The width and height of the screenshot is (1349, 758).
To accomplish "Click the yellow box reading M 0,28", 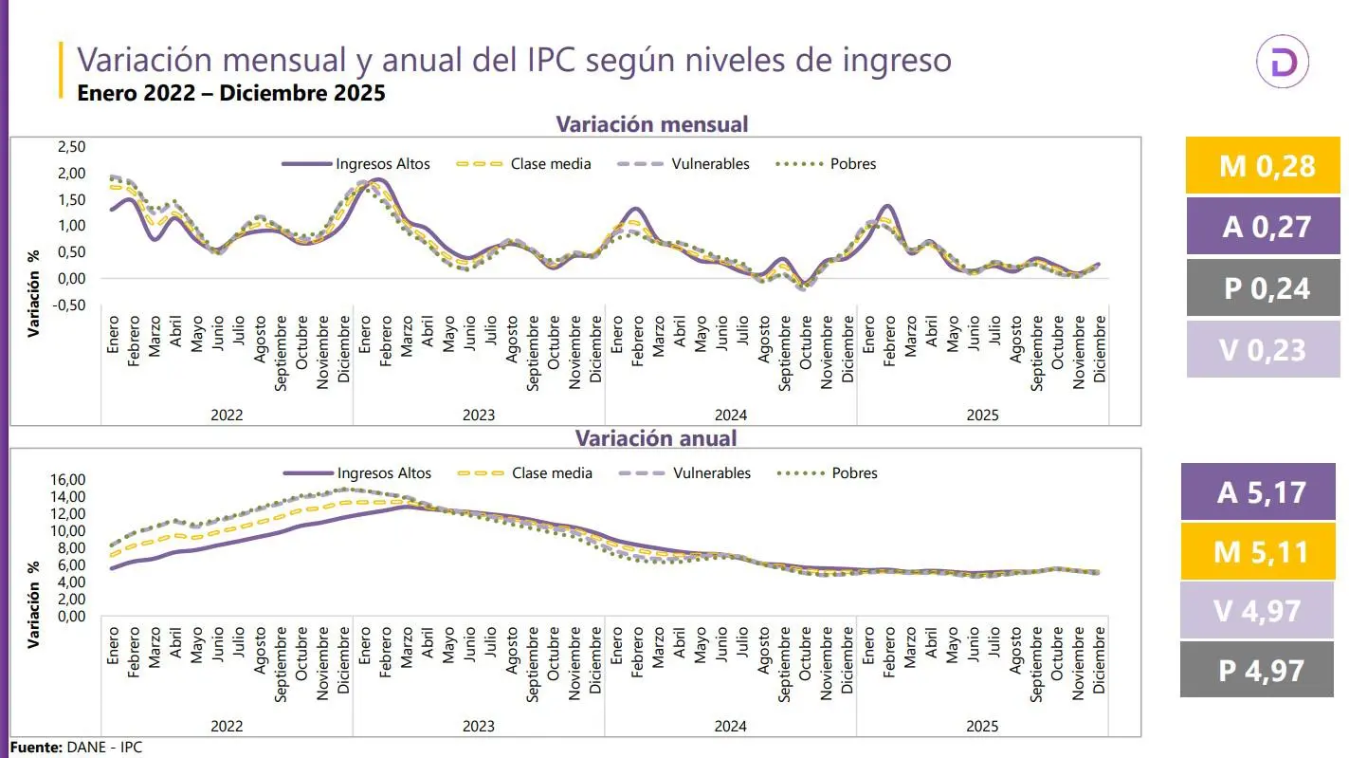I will (x=1263, y=166).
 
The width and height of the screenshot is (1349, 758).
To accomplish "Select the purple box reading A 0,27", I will (x=1263, y=226).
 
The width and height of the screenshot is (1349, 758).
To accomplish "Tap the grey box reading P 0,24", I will (x=1263, y=288).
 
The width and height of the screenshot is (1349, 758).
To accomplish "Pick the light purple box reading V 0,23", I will (x=1263, y=349).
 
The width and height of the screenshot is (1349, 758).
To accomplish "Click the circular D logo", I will (x=1282, y=64).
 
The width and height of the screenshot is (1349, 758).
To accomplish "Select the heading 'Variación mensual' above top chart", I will (x=651, y=124).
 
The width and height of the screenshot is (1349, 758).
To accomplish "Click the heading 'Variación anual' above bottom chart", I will (x=656, y=437).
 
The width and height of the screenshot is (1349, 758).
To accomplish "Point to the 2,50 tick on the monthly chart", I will (x=71, y=147).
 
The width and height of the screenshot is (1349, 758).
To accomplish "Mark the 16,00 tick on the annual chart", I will (x=72, y=480).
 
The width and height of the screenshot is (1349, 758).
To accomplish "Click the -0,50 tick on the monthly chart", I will (x=69, y=305).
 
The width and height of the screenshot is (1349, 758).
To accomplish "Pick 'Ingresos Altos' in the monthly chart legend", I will (x=382, y=164).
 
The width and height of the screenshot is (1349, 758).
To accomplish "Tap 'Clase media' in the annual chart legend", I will (x=551, y=473).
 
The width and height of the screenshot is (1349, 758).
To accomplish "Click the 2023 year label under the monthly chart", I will (x=479, y=415).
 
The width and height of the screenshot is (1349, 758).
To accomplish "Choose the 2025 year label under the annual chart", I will (x=982, y=727).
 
